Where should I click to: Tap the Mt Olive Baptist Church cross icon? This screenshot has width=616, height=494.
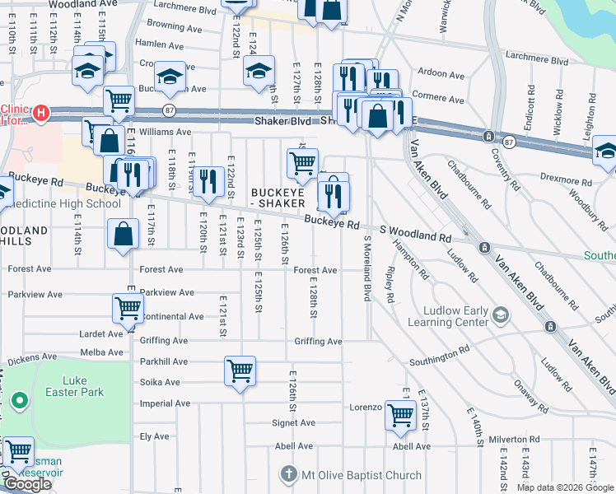pyautogui.click(x=288, y=475)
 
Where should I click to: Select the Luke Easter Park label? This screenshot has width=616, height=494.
pyautogui.click(x=76, y=386)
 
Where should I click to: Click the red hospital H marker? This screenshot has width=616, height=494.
pyautogui.click(x=40, y=112)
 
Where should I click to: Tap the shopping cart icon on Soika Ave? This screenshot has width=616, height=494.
pyautogui.click(x=240, y=371)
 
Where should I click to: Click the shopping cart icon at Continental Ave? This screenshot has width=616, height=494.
pyautogui.click(x=128, y=309)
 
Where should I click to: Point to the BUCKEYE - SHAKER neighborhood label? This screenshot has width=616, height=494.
pyautogui.click(x=283, y=198)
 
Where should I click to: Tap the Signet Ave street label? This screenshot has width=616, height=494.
pyautogui.click(x=294, y=423)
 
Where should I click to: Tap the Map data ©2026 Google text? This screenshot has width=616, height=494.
pyautogui.click(x=564, y=487)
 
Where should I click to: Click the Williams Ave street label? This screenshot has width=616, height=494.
pyautogui.click(x=165, y=132)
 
